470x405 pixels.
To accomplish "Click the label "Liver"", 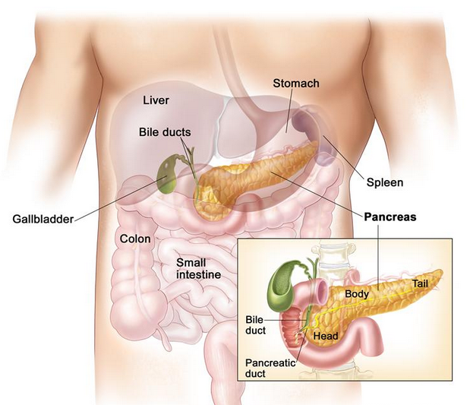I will tap(156, 100).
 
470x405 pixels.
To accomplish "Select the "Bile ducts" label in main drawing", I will tap(164, 132).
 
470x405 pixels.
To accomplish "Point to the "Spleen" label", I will tap(384, 182).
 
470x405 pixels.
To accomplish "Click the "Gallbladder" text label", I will tap(43, 220).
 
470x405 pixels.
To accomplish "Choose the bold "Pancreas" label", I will tap(390, 217).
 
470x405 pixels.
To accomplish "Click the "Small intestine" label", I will tap(198, 268).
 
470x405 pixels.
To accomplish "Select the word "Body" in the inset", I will tap(357, 293).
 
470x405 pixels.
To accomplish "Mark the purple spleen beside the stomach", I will tap(312, 129).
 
